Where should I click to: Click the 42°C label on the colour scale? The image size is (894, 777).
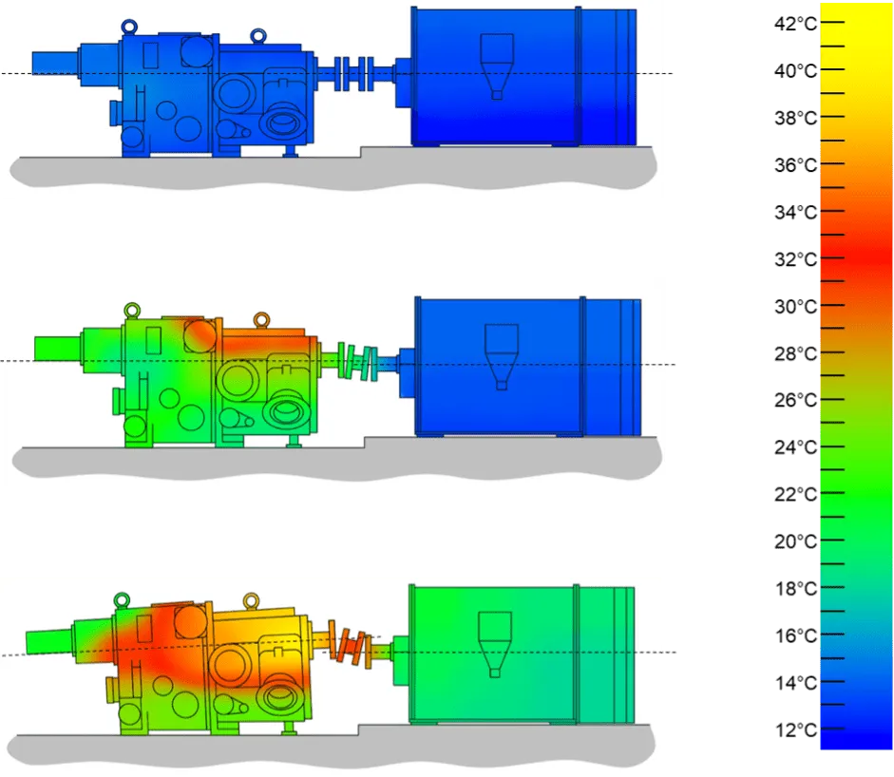coord(795,24)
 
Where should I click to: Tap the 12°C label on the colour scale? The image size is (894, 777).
coord(795,730)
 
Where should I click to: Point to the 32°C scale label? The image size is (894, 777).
coord(795,258)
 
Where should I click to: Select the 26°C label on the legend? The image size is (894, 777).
coord(795,400)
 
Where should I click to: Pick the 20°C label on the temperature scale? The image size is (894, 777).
coord(795,541)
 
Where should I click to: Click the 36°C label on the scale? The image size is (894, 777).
coord(795,164)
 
